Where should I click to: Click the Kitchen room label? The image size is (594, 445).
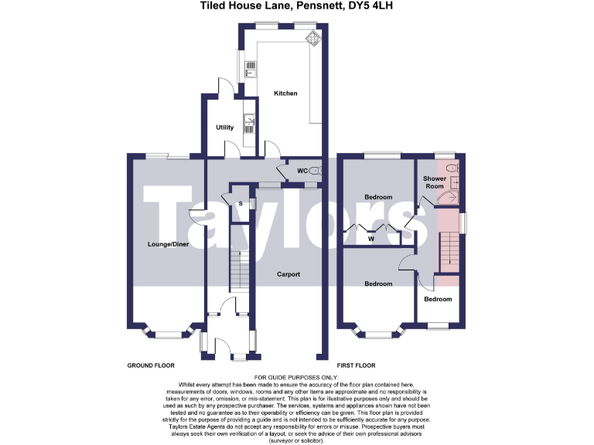pos(285,93)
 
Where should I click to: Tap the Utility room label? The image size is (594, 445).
pos(225,127)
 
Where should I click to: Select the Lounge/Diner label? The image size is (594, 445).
pos(168,244)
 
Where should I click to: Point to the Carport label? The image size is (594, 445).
pos(288,274)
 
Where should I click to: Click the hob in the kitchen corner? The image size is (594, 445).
pos(313,38)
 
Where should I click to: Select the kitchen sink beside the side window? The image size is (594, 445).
pos(248,68)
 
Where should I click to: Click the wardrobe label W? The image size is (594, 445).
pos(371,239)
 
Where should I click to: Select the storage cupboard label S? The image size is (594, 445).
pos(241,203)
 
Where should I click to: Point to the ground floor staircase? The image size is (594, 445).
pos(238,267)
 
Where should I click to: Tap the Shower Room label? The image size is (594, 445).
pos(434,182)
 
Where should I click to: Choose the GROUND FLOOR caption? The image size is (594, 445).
pos(152,365)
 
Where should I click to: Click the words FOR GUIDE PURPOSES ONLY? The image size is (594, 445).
pos(297,376)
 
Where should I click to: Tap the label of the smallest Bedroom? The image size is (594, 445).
pos(438,299)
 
